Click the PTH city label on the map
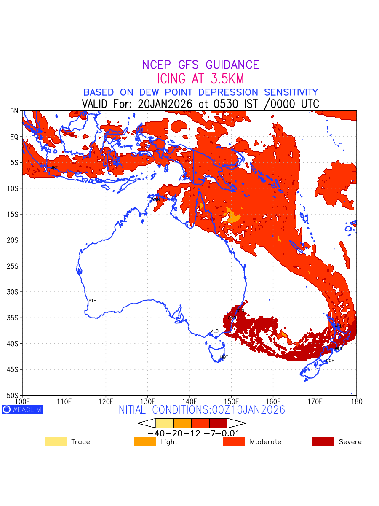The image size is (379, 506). (x=92, y=301)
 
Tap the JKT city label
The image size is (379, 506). (x=54, y=168)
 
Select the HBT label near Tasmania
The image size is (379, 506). (x=224, y=357)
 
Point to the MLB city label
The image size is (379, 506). (x=214, y=331)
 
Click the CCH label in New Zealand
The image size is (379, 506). (x=330, y=361)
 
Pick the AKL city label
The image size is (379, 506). (x=338, y=326)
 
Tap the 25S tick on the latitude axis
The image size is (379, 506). (x=14, y=266)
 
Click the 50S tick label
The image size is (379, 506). (x=14, y=396)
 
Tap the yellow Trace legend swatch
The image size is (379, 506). (x=56, y=441)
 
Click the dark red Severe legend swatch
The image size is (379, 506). (x=323, y=441)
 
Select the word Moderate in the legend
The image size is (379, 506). (x=265, y=442)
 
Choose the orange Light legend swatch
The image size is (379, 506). (x=145, y=441)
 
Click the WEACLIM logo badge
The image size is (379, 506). (x=22, y=409)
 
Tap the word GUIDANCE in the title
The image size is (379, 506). (x=232, y=65)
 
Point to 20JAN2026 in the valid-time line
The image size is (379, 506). (x=165, y=104)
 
